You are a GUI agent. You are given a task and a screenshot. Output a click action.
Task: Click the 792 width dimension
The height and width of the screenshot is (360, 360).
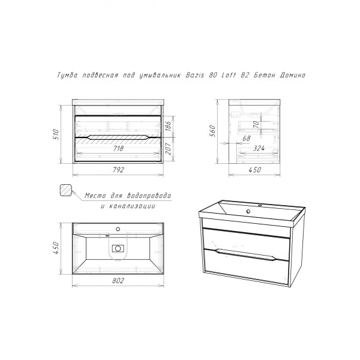tap(118, 170)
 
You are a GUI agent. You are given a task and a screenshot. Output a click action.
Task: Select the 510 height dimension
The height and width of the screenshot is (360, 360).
tap(56, 134)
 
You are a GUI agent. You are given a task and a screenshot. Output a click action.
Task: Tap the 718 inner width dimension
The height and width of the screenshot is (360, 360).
tap(118, 149)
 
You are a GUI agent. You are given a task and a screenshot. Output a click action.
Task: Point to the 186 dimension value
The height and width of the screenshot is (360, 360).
tap(168, 126)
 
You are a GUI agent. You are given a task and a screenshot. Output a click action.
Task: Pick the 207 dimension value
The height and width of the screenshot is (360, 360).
tap(168, 149)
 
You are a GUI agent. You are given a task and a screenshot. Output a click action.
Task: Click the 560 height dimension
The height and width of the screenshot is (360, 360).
tap(212, 131)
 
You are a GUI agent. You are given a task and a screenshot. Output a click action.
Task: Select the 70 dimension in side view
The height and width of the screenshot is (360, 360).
tap(256, 124)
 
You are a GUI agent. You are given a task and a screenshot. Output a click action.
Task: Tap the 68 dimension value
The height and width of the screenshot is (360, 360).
tap(247, 138)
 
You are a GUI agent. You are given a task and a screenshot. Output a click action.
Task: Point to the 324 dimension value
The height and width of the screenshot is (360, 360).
tap(259, 148)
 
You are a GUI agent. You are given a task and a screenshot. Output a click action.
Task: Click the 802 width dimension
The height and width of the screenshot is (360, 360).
tap(118, 280)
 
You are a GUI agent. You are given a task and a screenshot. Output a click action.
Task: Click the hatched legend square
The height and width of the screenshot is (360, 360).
tap(65, 190)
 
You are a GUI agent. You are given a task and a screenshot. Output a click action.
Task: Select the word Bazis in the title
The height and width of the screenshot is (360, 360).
tap(195, 75)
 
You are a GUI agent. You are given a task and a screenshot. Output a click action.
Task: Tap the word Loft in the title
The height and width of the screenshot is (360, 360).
tap(229, 75)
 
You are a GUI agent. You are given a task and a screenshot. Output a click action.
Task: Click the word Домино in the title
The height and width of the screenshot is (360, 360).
tap(293, 75)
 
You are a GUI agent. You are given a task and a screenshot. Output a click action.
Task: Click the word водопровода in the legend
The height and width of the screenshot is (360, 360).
tap(149, 196)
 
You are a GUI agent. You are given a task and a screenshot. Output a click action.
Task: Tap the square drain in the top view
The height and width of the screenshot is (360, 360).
tap(118, 248)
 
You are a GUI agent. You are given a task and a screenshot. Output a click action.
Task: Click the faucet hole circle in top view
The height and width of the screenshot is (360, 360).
tap(118, 229)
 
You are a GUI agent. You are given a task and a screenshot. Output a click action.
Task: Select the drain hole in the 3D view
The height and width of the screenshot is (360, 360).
tap(248, 211)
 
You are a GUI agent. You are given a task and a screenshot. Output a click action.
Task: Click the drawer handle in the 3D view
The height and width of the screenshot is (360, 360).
tap(245, 254)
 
